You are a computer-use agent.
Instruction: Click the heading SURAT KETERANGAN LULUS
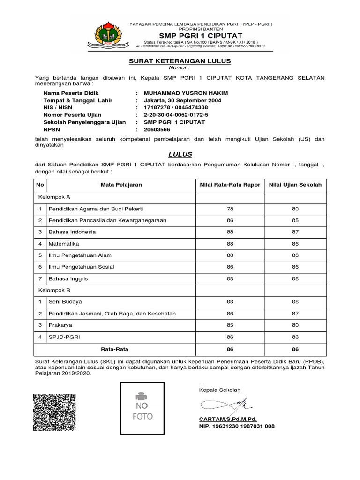coord(180,61)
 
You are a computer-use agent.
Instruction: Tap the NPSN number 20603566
coord(157,129)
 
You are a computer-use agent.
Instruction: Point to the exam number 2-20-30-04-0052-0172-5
coord(176,115)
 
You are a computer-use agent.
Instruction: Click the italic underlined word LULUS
coord(180,154)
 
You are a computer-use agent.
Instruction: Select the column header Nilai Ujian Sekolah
coord(295,185)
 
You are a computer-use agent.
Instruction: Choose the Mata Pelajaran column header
coord(121,185)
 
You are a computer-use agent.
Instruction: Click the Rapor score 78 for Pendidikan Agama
coord(230,209)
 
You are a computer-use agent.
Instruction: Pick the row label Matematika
coord(62,244)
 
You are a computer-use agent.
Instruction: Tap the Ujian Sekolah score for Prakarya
coord(295,325)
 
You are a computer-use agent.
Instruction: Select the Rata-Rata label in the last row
coord(114,349)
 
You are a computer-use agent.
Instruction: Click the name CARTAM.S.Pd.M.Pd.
coord(228,419)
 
